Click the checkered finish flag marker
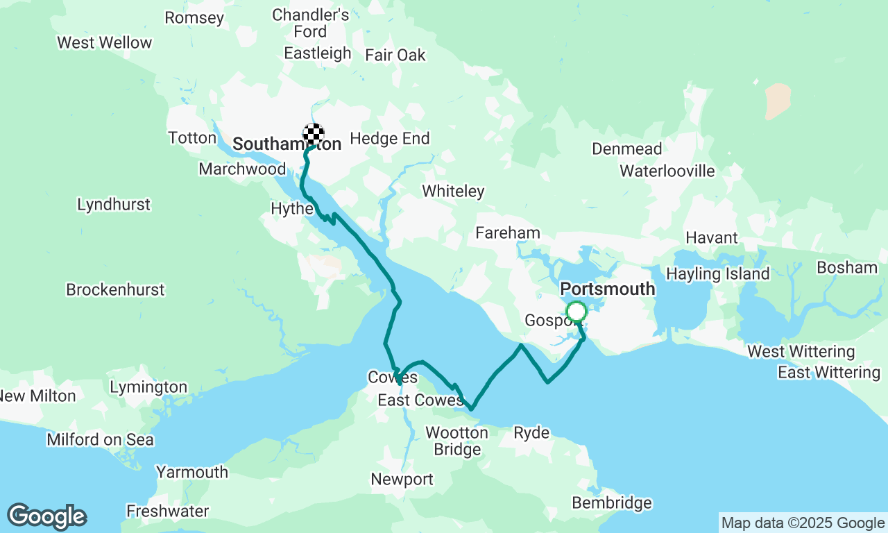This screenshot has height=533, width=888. [x=314, y=133]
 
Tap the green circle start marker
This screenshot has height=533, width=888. [x=576, y=312]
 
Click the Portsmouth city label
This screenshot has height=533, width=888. [x=607, y=289]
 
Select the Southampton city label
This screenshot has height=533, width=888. [x=287, y=144]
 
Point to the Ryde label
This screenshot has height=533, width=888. [x=531, y=433]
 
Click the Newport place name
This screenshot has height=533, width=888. [x=402, y=479]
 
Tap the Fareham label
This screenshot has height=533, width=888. [x=508, y=233]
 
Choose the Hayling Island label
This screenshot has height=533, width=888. [x=717, y=273]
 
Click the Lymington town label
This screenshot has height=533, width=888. [x=148, y=387]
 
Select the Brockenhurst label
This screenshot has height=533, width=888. [x=115, y=289]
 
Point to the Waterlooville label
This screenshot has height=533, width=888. [x=667, y=171]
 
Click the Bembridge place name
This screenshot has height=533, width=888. [x=611, y=502]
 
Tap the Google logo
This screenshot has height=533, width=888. [x=46, y=517]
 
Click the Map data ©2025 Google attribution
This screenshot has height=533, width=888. [x=802, y=523]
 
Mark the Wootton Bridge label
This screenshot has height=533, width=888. [x=456, y=441]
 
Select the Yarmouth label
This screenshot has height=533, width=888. [x=191, y=472]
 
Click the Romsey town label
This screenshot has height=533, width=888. [x=194, y=17]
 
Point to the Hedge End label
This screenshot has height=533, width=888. [x=390, y=139]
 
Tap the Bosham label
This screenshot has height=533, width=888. [x=846, y=267]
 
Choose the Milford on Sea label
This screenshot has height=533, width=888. [x=100, y=439]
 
